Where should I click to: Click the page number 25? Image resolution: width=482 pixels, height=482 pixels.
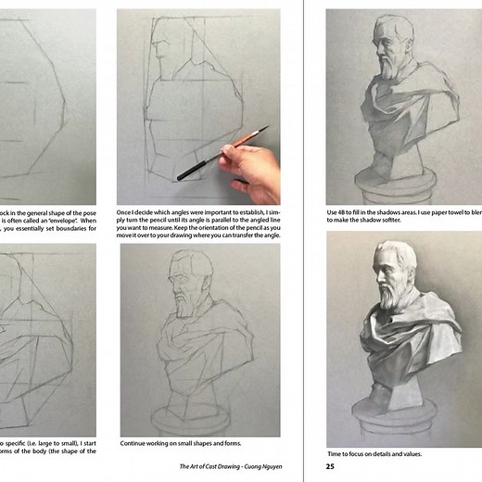pos(330,466)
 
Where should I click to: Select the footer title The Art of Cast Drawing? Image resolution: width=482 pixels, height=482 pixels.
pos(211,466)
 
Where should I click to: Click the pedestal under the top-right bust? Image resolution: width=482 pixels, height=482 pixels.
pos(400,176)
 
